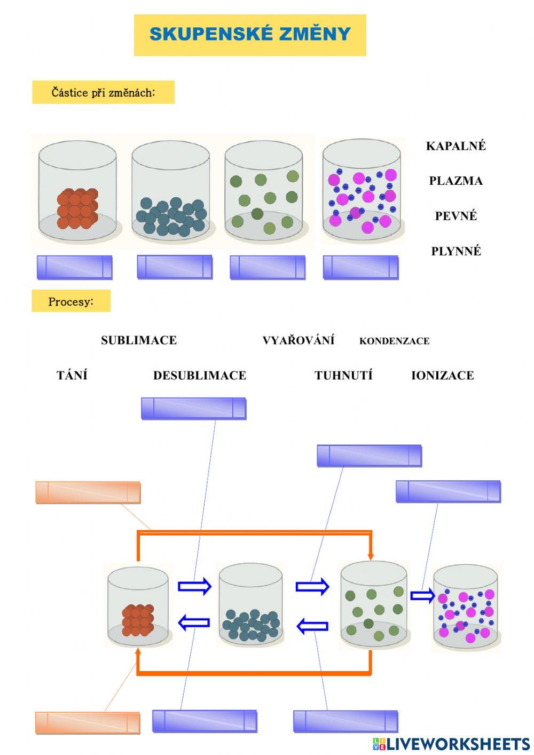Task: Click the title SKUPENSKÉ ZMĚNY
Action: tap(250, 35)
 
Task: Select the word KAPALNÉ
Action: tap(456, 146)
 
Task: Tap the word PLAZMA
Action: tap(456, 181)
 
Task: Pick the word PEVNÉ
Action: tap(456, 216)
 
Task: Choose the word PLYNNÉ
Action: tap(456, 251)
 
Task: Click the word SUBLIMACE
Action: tap(139, 340)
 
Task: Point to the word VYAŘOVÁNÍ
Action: tap(299, 340)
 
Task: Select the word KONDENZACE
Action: tap(394, 341)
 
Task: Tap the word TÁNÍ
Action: tap(72, 376)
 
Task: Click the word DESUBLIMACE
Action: tap(200, 376)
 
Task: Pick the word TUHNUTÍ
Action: tap(343, 376)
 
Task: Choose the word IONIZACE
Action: tap(442, 376)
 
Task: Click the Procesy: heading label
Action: tap(71, 301)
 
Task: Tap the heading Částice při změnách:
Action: tap(103, 92)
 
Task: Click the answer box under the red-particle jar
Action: tap(74, 267)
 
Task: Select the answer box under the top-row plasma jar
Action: tap(360, 267)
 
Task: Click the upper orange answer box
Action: tap(88, 492)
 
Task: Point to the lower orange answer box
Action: tap(88, 722)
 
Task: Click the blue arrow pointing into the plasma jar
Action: tap(422, 595)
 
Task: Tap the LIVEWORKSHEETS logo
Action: tap(451, 744)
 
